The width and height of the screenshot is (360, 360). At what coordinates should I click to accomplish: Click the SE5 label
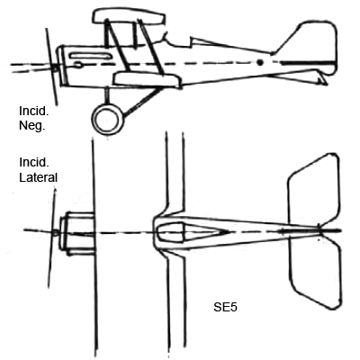[225, 308]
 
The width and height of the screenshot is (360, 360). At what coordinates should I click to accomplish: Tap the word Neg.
[31, 126]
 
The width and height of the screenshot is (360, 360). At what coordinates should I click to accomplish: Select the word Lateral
[38, 177]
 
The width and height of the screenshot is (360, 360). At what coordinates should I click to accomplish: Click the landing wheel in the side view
[107, 120]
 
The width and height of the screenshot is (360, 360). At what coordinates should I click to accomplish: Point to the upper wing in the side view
[129, 17]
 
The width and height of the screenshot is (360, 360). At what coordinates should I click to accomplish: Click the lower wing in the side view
[147, 79]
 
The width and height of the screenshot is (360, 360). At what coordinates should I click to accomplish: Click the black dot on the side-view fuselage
[260, 62]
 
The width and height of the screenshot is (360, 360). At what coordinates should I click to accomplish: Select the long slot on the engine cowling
[90, 56]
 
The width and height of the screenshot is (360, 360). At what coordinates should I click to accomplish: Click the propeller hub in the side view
[55, 68]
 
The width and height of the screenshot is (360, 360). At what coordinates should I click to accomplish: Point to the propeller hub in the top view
[55, 232]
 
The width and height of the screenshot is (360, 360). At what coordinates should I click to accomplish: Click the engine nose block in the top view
[77, 233]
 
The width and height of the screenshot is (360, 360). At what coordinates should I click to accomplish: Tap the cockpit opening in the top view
[170, 232]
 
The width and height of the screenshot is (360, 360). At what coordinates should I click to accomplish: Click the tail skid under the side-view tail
[321, 78]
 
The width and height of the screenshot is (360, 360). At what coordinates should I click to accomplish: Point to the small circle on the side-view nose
[77, 65]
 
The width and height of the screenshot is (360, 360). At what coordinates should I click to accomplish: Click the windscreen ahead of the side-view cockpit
[166, 38]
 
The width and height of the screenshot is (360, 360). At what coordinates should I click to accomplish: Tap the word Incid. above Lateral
[33, 162]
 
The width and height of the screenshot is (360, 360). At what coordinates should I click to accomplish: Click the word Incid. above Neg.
[33, 111]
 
